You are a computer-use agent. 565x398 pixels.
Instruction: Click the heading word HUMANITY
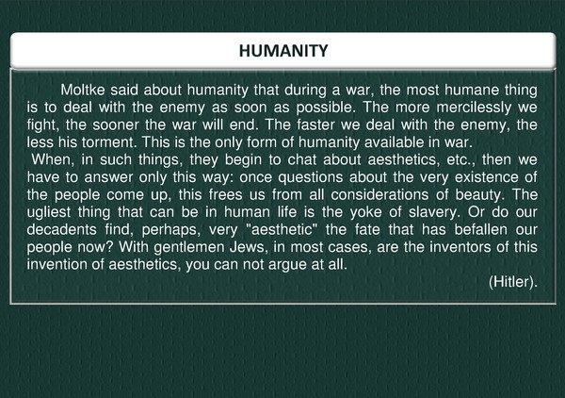[x=283, y=51]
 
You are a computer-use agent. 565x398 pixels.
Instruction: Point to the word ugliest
[x=49, y=212]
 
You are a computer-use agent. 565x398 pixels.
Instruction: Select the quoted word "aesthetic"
[x=283, y=230]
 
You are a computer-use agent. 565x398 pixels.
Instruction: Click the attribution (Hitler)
[x=513, y=282]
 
